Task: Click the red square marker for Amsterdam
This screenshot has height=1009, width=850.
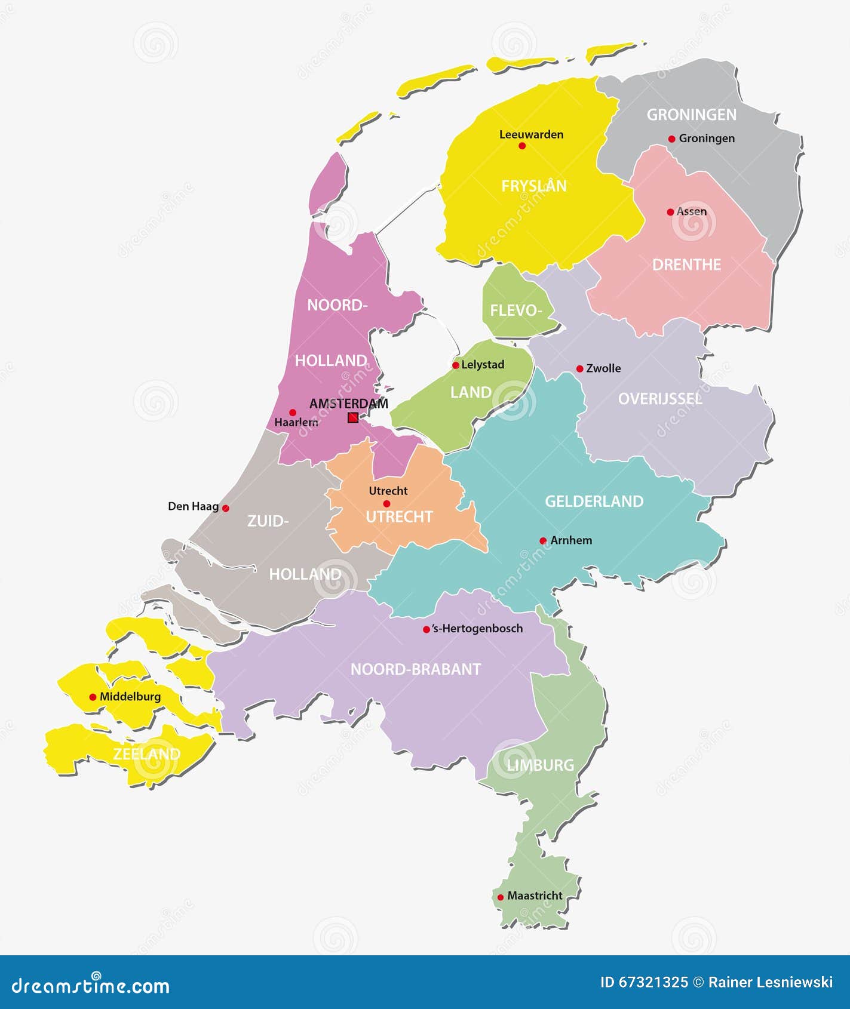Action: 353,417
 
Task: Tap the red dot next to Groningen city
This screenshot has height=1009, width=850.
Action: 671,139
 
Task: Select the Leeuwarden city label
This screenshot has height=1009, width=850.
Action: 531,134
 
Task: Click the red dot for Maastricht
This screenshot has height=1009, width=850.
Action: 501,897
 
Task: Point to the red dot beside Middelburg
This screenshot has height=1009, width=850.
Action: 93,697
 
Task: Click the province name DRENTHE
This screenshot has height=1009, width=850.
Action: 686,264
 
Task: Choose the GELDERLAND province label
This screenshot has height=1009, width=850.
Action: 594,502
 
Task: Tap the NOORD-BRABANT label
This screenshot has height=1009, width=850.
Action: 415,669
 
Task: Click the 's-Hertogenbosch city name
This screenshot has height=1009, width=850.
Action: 477,628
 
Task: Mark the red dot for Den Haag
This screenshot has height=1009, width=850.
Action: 226,508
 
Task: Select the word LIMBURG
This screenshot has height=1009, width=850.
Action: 540,765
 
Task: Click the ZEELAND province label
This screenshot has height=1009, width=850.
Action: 146,754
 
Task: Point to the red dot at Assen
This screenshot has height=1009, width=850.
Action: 670,212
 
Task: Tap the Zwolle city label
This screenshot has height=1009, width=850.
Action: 603,368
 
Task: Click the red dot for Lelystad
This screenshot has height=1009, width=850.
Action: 455,365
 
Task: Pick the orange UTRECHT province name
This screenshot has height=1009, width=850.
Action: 399,516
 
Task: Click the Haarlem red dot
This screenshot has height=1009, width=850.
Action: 293,412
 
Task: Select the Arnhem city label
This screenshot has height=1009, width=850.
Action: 571,540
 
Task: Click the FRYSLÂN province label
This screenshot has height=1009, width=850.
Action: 533,186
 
